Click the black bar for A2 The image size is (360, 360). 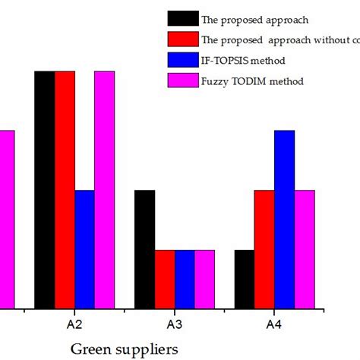(x=44, y=190)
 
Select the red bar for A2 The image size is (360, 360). (x=65, y=190)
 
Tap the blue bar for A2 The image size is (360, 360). (x=84, y=249)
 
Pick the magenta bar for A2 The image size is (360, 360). (x=104, y=190)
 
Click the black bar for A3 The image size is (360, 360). (x=144, y=249)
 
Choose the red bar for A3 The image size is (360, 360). (x=165, y=279)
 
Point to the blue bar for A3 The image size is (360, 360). (x=185, y=279)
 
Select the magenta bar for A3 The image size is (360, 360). (x=204, y=279)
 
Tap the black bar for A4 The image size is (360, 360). (x=245, y=279)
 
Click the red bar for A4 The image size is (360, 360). (x=264, y=249)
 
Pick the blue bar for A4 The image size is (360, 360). (x=285, y=219)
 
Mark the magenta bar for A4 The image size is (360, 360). (x=305, y=249)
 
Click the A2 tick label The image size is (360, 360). (x=74, y=324)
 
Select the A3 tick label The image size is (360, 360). (x=175, y=324)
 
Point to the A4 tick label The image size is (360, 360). (x=274, y=324)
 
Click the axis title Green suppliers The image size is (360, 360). (x=125, y=349)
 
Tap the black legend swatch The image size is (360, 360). (x=183, y=18)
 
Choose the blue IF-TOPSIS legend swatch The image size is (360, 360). (x=183, y=59)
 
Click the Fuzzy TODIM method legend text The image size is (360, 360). (x=253, y=81)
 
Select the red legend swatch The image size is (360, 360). (x=183, y=39)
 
